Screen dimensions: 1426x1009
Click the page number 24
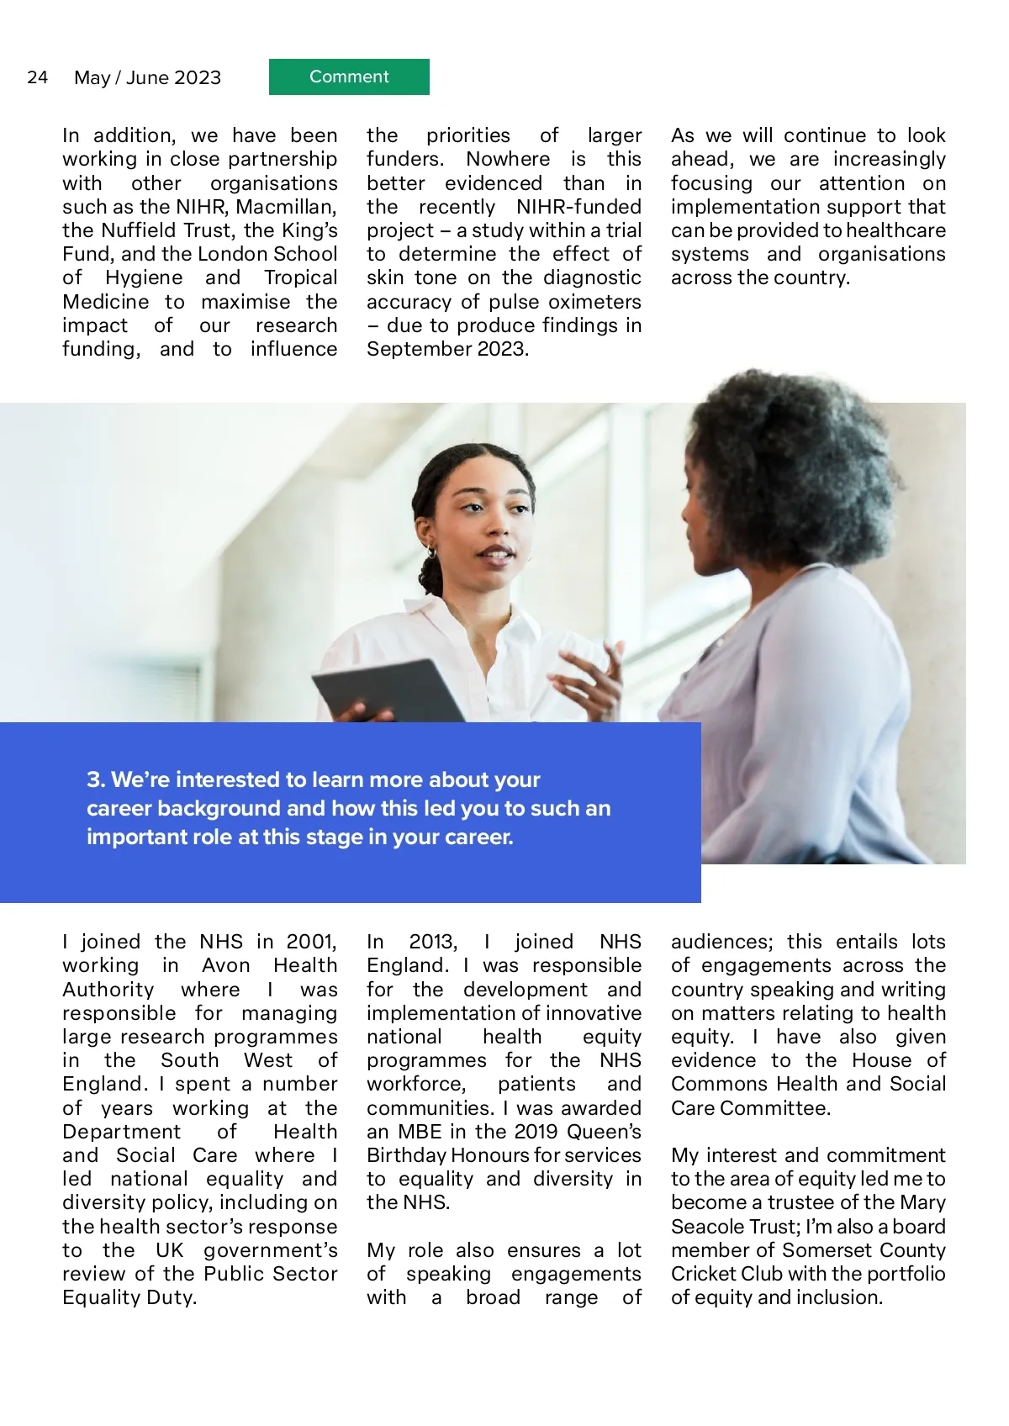(x=37, y=77)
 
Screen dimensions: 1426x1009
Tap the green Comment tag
(x=349, y=77)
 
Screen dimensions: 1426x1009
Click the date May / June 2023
(x=147, y=77)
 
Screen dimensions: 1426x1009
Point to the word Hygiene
(x=144, y=277)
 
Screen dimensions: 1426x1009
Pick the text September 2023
(x=447, y=349)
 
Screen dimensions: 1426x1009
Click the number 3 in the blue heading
(x=94, y=779)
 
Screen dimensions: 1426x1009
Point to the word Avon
(x=225, y=965)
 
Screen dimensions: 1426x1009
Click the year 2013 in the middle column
(x=432, y=942)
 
